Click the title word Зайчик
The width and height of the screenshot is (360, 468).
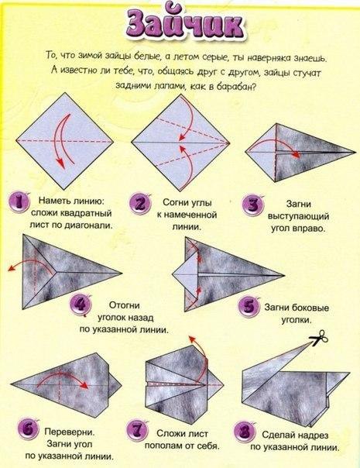click(186, 25)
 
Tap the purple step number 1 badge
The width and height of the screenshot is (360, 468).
click(19, 203)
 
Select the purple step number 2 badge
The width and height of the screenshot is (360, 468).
click(140, 204)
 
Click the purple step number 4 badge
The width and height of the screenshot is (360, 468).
click(81, 305)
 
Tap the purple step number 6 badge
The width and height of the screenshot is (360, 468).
click(29, 430)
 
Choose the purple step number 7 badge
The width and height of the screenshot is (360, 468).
click(138, 431)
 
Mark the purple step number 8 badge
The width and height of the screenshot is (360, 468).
click(245, 432)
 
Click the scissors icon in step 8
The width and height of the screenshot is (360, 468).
click(319, 337)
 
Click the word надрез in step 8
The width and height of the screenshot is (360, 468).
click(312, 435)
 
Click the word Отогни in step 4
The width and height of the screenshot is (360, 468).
click(125, 305)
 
